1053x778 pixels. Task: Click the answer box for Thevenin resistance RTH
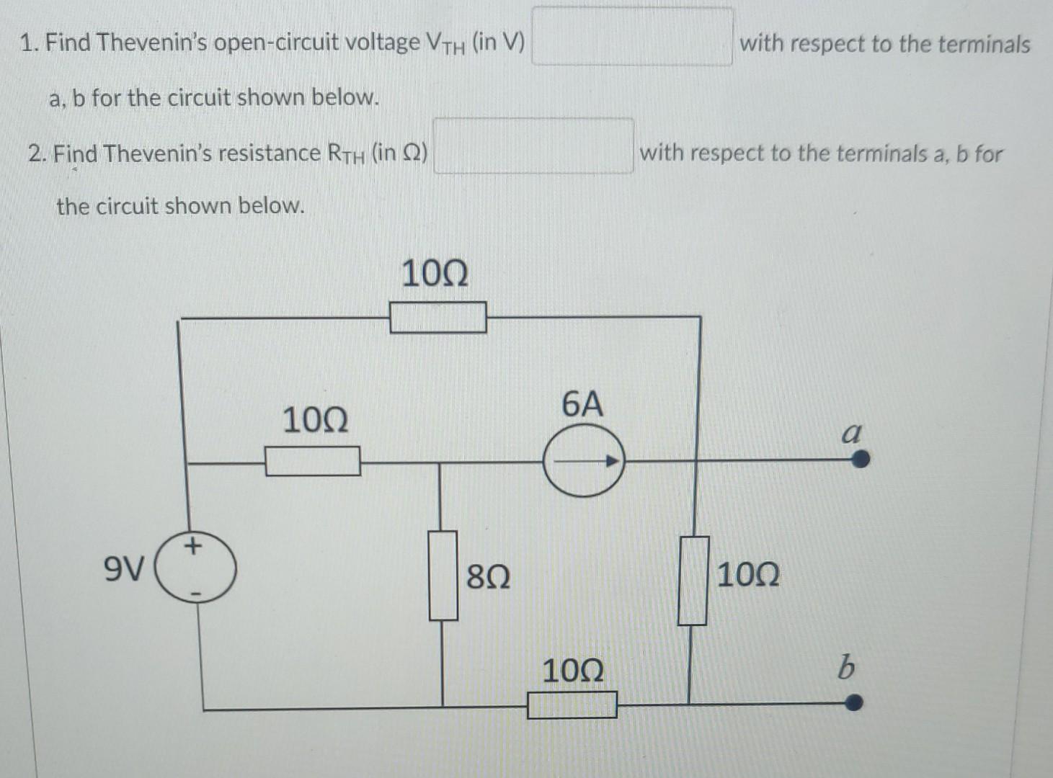pos(533,147)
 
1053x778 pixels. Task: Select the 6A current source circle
pos(583,461)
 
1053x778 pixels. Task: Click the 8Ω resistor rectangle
pos(444,576)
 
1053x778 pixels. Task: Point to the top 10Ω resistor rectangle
pos(437,318)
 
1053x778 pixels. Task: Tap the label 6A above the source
pos(582,405)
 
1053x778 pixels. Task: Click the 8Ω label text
pos(488,577)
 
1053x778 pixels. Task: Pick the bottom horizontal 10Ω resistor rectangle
pos(572,705)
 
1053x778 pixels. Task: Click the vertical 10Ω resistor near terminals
pos(693,581)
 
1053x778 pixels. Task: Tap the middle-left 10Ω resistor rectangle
pos(313,461)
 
